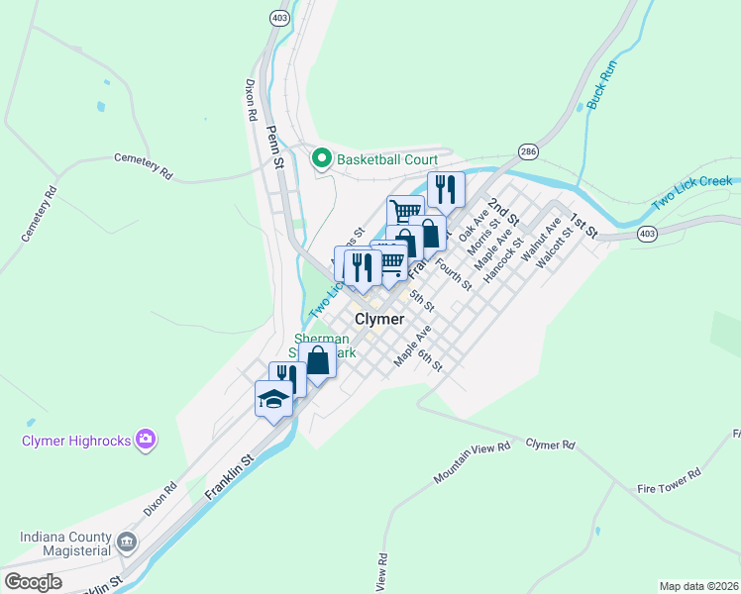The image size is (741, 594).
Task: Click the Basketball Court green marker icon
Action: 321,158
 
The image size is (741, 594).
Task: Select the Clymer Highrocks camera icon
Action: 147,439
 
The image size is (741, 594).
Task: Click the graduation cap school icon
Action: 273,398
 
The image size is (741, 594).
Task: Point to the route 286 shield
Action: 527,151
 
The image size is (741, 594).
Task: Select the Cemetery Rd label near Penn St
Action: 144,164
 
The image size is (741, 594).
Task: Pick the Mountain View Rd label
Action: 471,463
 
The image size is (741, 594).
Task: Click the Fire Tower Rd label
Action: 669,482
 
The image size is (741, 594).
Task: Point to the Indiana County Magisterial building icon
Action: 127,542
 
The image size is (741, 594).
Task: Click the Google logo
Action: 33,582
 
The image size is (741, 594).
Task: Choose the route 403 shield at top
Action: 278,17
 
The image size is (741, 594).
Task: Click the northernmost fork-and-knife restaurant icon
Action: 446,187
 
